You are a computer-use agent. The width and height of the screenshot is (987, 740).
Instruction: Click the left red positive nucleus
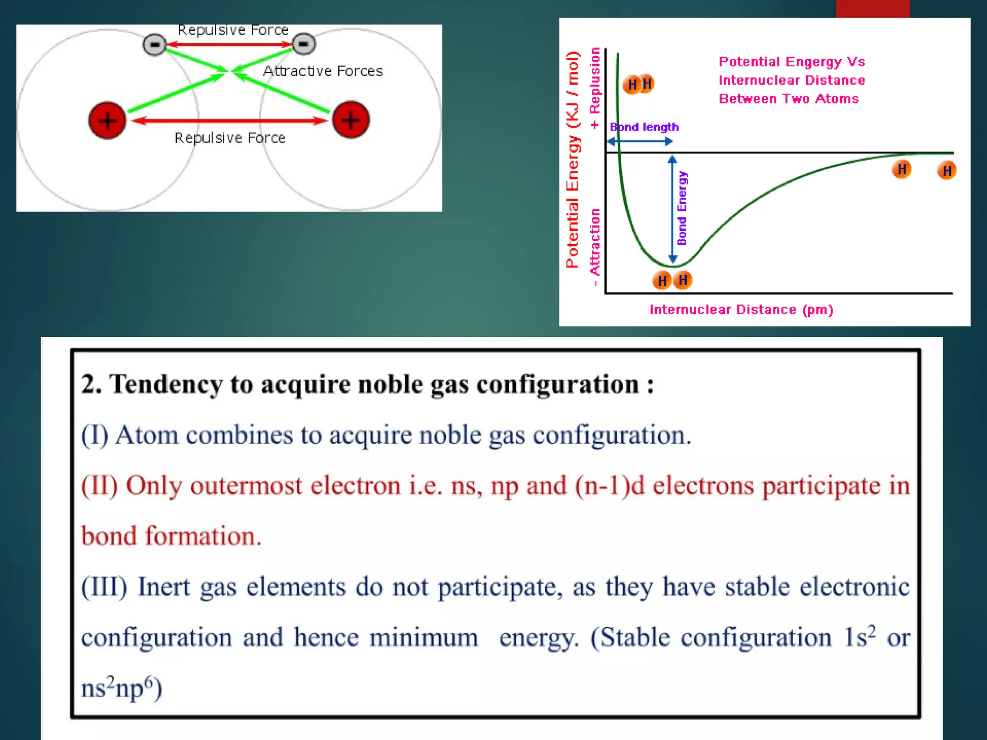tap(107, 120)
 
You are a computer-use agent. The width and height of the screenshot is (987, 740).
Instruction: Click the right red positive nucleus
tap(351, 119)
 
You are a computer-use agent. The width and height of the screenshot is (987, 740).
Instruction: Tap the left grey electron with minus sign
tap(155, 45)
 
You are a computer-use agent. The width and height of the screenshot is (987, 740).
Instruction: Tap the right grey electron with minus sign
tap(304, 44)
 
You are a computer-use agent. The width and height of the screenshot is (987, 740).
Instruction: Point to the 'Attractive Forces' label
tap(322, 71)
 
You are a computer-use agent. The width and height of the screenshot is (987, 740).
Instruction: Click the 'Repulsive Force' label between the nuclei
tap(230, 138)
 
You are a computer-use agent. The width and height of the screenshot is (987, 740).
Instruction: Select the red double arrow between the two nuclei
tap(230, 120)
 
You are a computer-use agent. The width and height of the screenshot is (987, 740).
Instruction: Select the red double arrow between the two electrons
tap(229, 44)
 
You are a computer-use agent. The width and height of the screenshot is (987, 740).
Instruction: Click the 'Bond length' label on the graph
tap(644, 127)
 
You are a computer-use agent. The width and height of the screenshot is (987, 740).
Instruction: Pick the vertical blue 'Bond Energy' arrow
tap(673, 209)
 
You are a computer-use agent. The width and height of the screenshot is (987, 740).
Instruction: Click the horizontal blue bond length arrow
tap(640, 142)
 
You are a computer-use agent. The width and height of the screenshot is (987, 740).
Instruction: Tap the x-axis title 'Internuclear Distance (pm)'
tap(741, 310)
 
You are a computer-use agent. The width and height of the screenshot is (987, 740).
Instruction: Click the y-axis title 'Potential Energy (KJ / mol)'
tap(572, 159)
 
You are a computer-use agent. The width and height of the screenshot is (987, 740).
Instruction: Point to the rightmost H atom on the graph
tap(947, 171)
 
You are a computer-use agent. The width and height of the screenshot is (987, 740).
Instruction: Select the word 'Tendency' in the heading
tap(166, 384)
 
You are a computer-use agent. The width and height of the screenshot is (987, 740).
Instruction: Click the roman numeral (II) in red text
tap(99, 486)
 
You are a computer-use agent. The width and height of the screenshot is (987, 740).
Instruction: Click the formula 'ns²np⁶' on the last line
tap(120, 687)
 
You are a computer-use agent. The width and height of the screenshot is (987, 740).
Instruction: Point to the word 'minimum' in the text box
tap(424, 637)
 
